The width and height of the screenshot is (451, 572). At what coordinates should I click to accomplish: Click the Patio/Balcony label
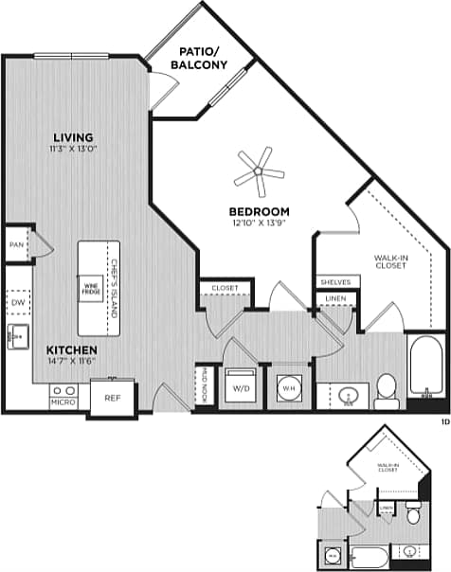[199, 58]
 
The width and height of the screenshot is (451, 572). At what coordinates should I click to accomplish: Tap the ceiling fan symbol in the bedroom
[259, 171]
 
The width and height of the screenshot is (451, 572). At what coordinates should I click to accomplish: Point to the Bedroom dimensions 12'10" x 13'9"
[258, 223]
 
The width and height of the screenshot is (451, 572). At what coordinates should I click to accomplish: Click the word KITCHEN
[71, 349]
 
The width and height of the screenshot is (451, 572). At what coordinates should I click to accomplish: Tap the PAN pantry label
[15, 244]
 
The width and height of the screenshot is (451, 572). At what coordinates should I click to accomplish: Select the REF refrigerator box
[112, 398]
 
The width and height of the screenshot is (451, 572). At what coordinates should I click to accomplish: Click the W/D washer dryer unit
[240, 387]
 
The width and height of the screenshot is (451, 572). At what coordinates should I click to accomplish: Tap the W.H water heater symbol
[287, 388]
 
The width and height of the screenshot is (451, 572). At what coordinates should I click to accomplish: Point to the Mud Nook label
[204, 386]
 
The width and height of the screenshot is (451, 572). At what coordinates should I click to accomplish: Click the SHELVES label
[334, 281]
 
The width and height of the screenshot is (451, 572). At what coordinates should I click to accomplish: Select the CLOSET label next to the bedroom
[225, 287]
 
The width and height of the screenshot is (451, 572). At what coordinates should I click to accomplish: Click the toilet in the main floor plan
[386, 389]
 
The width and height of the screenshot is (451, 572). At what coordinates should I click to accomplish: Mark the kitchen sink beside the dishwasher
[17, 334]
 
